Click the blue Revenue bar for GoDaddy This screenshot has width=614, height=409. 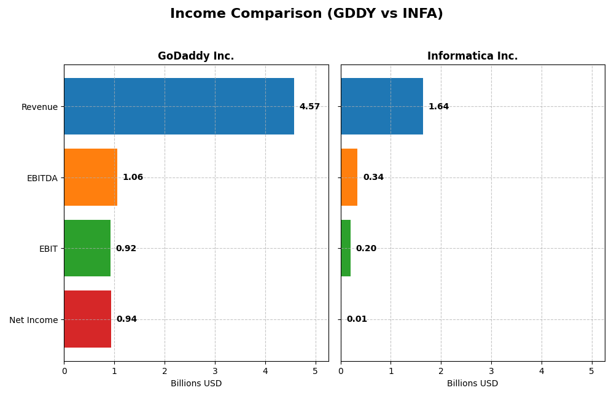point(179,106)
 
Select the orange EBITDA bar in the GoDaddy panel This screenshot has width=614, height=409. point(90,177)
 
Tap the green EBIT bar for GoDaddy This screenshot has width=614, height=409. point(87,248)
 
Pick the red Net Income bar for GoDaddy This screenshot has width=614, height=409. point(87,319)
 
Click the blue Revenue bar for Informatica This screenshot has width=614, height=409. point(381,106)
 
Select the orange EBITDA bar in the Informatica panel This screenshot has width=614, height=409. point(349,177)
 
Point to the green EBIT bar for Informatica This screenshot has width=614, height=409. point(346,248)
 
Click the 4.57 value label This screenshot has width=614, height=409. point(309,107)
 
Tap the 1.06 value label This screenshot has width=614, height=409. point(133,177)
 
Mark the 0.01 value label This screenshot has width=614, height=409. point(357,319)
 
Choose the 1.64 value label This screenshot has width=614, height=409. point(438,107)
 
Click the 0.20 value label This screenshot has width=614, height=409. point(366,249)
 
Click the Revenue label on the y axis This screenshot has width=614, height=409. point(39,107)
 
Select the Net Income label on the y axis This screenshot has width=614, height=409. point(34,320)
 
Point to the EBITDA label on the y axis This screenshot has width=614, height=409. point(42,178)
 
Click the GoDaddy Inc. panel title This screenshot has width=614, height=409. point(196,56)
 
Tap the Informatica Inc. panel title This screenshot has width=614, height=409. point(472,56)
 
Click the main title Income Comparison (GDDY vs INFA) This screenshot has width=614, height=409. point(306,14)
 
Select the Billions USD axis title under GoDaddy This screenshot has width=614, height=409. point(196,384)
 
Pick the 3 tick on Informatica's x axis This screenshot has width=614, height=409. point(491,372)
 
